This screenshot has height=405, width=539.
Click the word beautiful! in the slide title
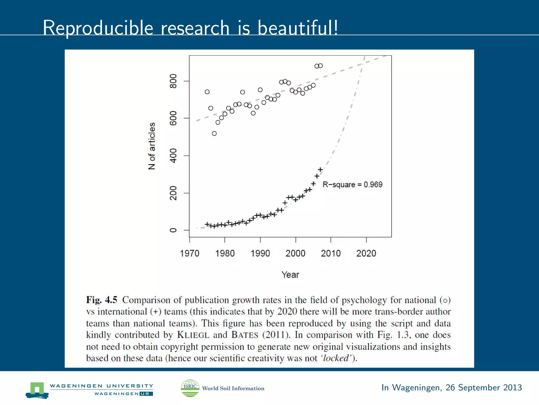298,28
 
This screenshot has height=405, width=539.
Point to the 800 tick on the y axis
173,81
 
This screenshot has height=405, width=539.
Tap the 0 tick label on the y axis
173,230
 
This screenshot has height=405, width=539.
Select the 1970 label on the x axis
189,253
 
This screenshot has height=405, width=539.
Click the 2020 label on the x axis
366,253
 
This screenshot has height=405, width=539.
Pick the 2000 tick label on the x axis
295,253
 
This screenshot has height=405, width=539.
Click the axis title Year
290,275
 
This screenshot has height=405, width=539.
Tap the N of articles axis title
152,146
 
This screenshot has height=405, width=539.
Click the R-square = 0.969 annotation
352,185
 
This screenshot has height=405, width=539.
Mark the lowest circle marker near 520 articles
214,133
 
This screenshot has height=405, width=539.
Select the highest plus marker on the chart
320,170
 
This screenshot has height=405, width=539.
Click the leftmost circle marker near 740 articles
207,92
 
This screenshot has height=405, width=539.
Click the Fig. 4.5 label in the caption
102,300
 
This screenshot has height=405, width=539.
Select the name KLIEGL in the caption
193,335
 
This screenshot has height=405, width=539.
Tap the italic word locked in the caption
336,358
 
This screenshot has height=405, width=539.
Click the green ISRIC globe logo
190,388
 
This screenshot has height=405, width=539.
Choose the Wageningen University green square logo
37,390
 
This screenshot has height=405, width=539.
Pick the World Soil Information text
233,388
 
